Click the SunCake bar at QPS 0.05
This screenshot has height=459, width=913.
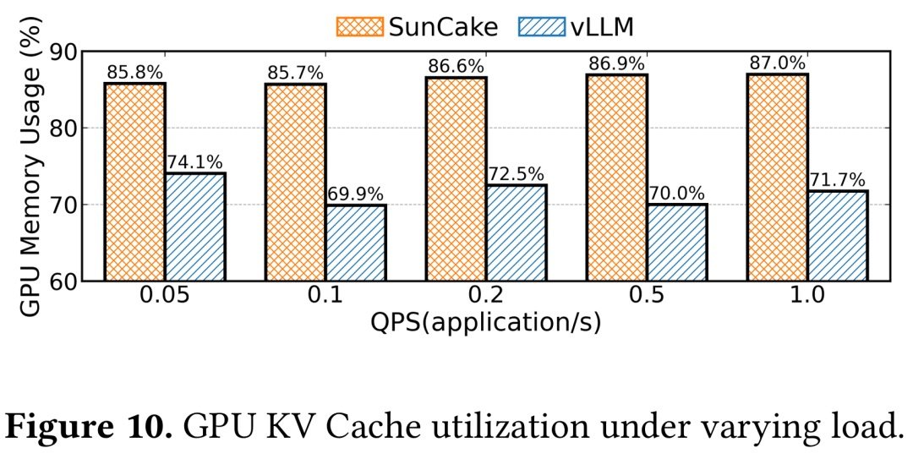click(135, 182)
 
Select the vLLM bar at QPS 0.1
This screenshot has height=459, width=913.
click(356, 243)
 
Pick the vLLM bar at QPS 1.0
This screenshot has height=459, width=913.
click(837, 236)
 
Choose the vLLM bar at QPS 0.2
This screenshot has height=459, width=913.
click(517, 232)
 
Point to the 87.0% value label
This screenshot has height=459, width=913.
click(777, 64)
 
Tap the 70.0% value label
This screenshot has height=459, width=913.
click(677, 194)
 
